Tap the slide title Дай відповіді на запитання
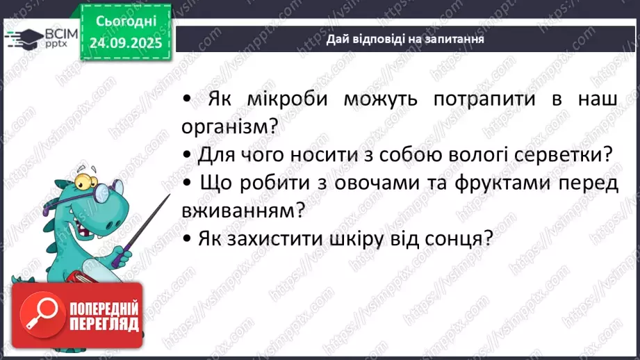[x=405, y=40]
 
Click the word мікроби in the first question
[x=281, y=99]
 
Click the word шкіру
[x=366, y=238]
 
